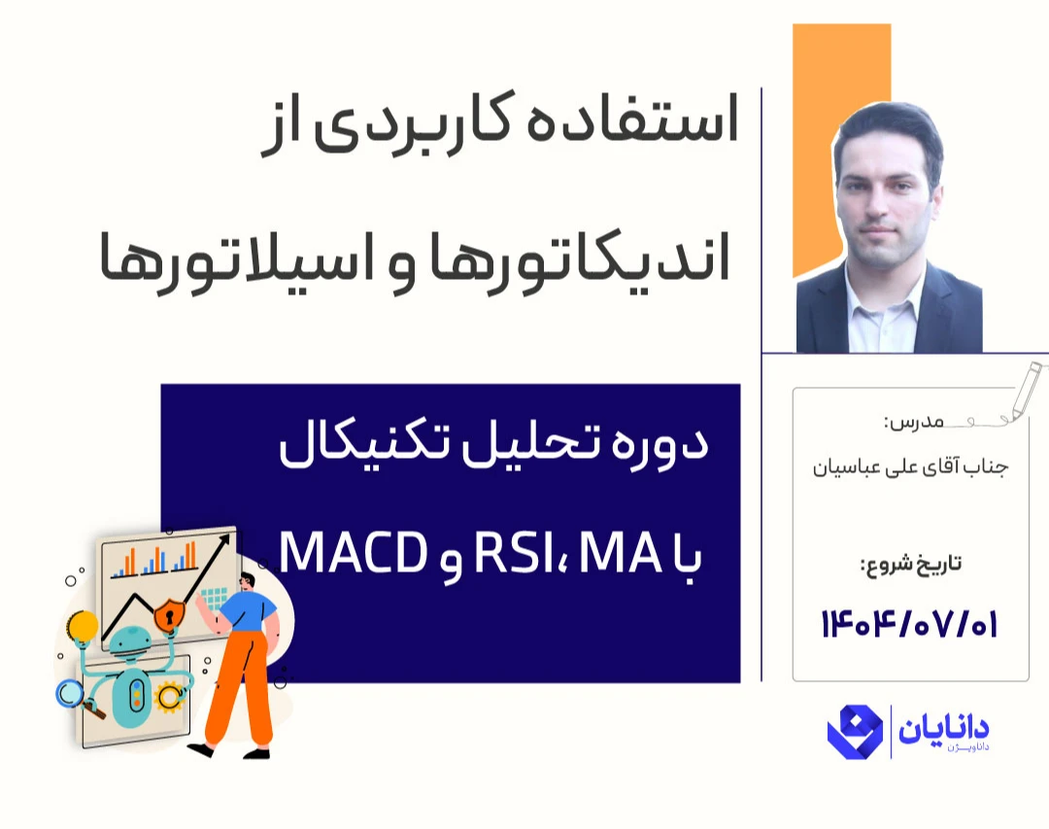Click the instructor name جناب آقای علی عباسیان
[x=910, y=467]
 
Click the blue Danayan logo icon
[x=855, y=732]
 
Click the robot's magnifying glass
[x=69, y=692]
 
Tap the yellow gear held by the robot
[x=170, y=696]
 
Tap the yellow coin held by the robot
[x=81, y=625]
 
